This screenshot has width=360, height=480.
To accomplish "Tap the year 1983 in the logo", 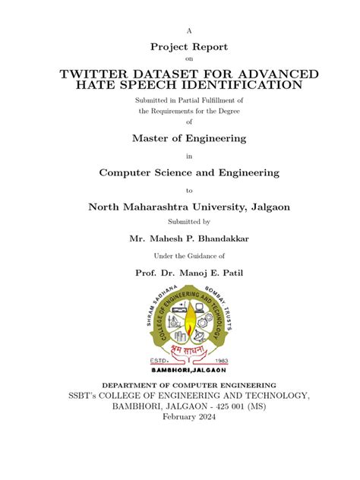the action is (x=221, y=360).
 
